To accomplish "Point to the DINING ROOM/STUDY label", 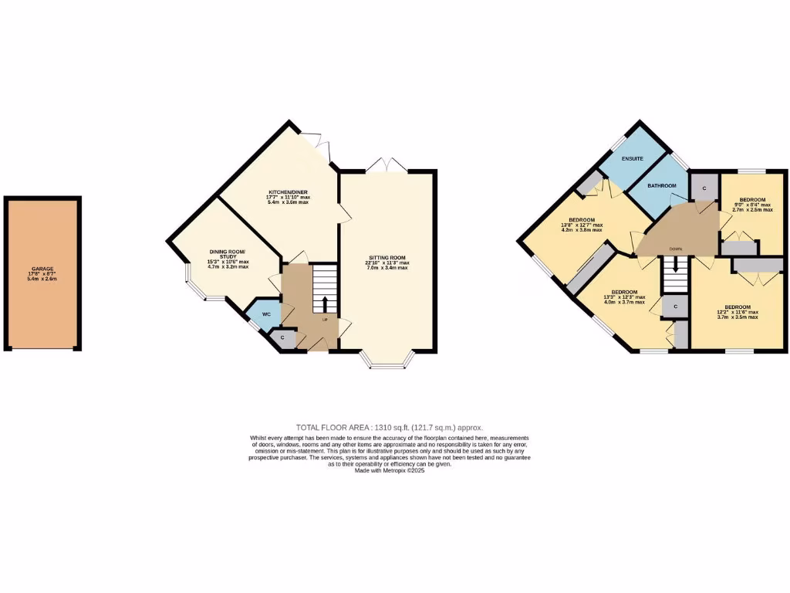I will pyautogui.click(x=228, y=253).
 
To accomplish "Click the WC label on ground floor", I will pyautogui.click(x=266, y=314).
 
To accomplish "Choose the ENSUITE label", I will pyautogui.click(x=633, y=158).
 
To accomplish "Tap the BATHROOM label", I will pyautogui.click(x=662, y=186).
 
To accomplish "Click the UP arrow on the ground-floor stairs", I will pyautogui.click(x=325, y=303).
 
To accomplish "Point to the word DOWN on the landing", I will pyautogui.click(x=675, y=249).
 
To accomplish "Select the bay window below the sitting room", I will pyautogui.click(x=388, y=360).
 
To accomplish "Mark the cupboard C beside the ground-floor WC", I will pyautogui.click(x=282, y=337).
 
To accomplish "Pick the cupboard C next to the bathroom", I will pyautogui.click(x=704, y=188).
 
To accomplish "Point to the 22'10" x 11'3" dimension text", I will pyautogui.click(x=387, y=263).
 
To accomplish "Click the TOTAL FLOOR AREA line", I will pyautogui.click(x=390, y=427).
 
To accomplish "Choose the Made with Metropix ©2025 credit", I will pyautogui.click(x=390, y=470).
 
